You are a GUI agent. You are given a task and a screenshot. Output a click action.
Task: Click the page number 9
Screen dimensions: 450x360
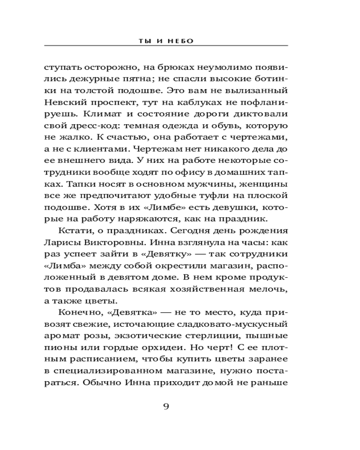tap(166, 407)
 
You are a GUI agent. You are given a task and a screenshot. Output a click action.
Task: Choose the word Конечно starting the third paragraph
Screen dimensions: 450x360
tap(76, 313)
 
